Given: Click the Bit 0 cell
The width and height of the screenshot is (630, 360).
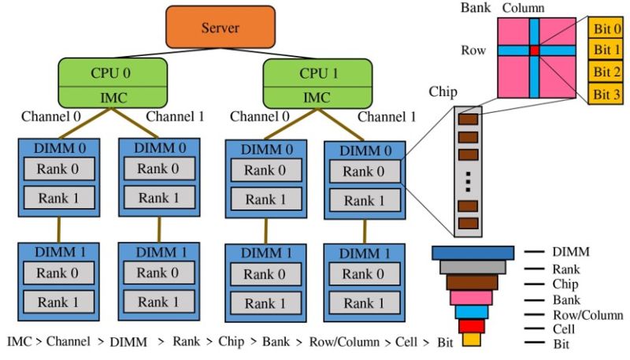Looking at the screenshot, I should coord(606,29).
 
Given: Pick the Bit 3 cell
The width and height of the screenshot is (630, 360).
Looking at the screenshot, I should coord(606,95).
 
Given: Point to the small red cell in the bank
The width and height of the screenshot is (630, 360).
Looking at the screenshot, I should coord(535,50).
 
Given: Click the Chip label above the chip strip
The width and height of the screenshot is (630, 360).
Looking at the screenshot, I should coord(443,91).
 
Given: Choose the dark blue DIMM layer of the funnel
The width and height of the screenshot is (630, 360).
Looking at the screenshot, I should coord(472,252).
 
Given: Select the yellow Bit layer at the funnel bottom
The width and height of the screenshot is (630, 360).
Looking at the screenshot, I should coord(472,340).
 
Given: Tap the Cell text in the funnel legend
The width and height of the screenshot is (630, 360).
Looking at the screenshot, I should coord(565,329).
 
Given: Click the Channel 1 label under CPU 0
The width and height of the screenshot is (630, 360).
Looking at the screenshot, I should coord(175,117).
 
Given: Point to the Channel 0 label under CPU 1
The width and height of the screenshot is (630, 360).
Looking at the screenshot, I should coord(258,117).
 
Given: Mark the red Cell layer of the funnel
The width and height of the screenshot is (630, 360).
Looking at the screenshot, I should coord(472,326).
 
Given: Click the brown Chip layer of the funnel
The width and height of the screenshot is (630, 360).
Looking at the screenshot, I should coord(472,281).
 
